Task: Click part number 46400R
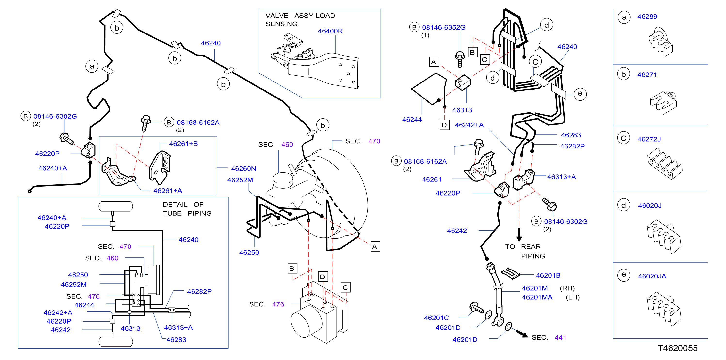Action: (x=330, y=31)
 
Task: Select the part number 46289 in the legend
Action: (x=647, y=17)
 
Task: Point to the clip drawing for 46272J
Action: (x=665, y=164)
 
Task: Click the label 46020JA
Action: (x=652, y=276)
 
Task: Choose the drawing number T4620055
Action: (x=678, y=348)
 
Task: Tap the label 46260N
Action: (x=243, y=169)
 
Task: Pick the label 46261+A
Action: (x=168, y=191)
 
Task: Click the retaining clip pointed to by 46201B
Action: (x=510, y=273)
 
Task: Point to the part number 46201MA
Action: (x=537, y=297)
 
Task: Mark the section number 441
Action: (x=560, y=338)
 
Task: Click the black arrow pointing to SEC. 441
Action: (x=522, y=334)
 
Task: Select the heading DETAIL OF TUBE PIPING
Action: (x=187, y=209)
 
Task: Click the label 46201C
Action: (x=436, y=318)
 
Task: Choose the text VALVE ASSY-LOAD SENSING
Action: (x=300, y=20)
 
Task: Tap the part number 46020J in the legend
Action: (x=650, y=206)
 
